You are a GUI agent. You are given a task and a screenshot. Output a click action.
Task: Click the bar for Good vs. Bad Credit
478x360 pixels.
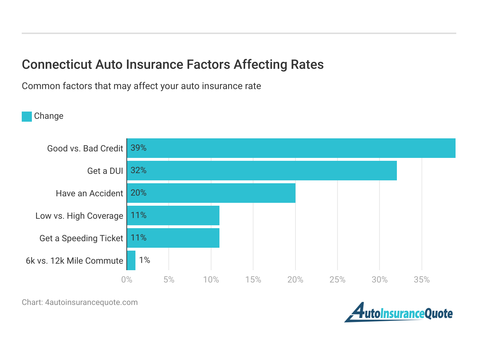click(291, 148)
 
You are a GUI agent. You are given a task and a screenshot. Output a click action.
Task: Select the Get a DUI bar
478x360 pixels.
click(262, 171)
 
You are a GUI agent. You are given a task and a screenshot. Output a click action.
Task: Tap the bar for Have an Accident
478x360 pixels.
click(211, 193)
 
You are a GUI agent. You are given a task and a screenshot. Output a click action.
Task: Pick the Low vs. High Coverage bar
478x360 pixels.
click(173, 215)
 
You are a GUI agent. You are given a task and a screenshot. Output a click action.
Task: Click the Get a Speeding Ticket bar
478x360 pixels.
click(173, 238)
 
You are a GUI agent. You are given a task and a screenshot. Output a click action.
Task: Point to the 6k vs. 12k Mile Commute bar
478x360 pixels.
click(131, 260)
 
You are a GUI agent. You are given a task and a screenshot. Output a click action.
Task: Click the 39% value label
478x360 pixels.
click(138, 148)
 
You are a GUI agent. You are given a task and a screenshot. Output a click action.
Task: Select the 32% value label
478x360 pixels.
click(138, 171)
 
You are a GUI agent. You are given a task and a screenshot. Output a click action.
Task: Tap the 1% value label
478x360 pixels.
click(144, 260)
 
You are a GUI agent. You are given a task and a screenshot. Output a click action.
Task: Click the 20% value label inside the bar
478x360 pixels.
click(138, 193)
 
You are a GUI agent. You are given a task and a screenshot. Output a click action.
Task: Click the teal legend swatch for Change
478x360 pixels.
click(27, 116)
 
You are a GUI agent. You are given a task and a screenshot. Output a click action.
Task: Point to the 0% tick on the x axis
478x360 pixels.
click(127, 280)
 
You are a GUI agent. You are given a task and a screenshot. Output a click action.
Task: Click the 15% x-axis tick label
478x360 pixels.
click(253, 280)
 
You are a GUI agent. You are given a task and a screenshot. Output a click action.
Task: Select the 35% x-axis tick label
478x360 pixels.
click(422, 280)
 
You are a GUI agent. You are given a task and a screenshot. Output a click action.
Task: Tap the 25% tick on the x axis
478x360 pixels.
click(337, 280)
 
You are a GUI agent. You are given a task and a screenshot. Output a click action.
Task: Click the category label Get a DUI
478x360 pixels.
click(105, 171)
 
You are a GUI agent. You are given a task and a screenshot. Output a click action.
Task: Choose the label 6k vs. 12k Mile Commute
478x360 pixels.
click(74, 261)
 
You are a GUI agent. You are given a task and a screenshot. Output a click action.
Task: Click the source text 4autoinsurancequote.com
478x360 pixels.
click(91, 302)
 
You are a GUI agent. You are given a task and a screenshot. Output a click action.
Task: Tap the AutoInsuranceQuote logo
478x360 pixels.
click(398, 313)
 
